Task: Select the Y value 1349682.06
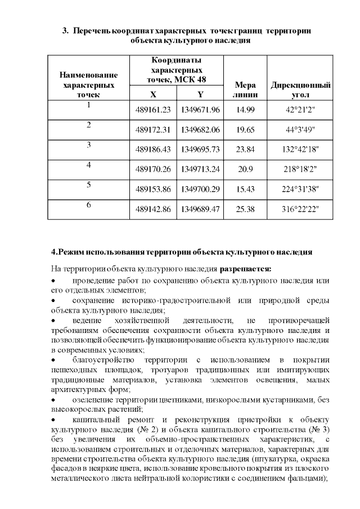point(200,129)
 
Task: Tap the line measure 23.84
point(246,149)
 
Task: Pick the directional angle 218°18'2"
point(300,169)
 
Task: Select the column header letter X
point(154,94)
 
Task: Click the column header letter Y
point(200,94)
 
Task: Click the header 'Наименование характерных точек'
point(88,85)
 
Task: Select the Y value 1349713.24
point(200,169)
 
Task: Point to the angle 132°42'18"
point(300,149)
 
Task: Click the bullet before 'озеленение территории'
point(53,399)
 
